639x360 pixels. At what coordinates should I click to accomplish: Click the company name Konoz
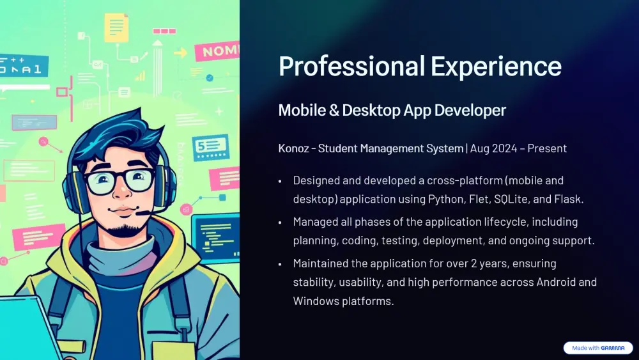(294, 148)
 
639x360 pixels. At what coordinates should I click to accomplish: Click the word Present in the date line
(546, 148)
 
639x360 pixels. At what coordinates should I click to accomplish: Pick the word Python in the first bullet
(445, 199)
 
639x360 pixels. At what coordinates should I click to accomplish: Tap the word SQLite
(507, 199)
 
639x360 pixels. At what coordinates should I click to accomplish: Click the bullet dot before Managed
(280, 223)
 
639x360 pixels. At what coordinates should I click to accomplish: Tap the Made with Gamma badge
(598, 348)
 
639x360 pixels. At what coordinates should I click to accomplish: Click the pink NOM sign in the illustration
(217, 52)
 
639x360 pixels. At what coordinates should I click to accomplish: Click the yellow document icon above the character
(116, 27)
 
